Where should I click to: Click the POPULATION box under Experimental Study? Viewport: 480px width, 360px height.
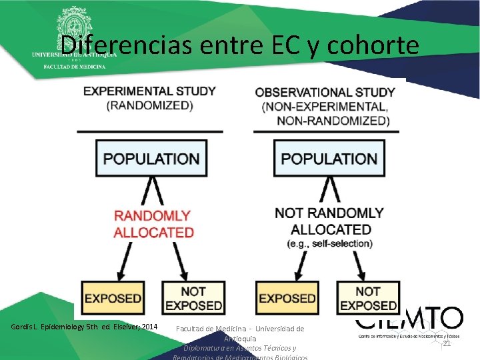[152, 159]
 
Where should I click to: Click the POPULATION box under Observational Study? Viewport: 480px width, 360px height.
[329, 159]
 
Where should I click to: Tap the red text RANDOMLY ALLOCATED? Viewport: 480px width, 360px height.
[153, 224]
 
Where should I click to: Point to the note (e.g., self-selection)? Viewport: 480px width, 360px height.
[330, 244]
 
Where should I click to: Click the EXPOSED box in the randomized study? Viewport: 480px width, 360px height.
[113, 298]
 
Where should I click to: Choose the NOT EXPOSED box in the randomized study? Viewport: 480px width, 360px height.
[193, 298]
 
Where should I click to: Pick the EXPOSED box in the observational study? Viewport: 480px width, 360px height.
[287, 298]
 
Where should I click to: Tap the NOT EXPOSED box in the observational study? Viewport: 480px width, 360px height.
[368, 298]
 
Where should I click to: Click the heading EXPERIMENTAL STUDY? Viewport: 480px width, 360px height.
[149, 91]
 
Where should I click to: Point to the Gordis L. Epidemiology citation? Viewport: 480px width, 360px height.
[85, 327]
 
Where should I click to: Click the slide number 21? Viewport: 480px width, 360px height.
[447, 343]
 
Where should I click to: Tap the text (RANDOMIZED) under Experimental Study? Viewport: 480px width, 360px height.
[150, 105]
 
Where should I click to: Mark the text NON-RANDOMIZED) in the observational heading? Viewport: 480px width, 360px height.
[333, 121]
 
